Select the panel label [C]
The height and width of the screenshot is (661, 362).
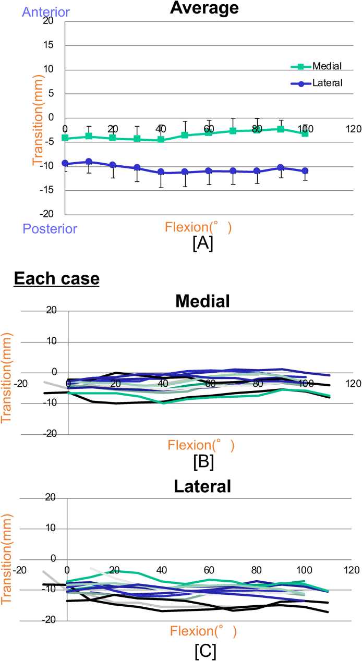(202, 648)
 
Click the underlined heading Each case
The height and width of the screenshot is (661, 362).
(56, 279)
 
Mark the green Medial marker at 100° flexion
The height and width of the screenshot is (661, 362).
(305, 133)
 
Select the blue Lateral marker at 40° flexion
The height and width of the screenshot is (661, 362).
(161, 172)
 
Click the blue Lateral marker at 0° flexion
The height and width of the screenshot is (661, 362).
(65, 163)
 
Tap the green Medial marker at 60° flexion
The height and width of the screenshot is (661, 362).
(209, 133)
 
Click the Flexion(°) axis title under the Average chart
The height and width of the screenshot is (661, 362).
(198, 227)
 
